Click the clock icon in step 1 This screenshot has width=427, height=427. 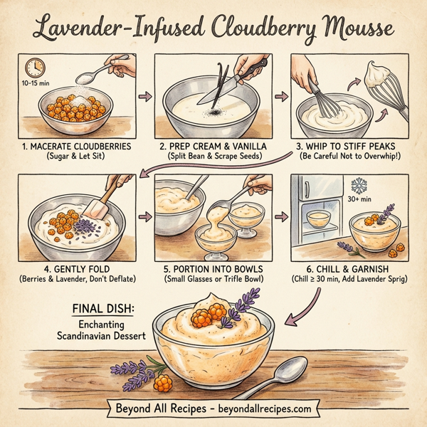[33, 68]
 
